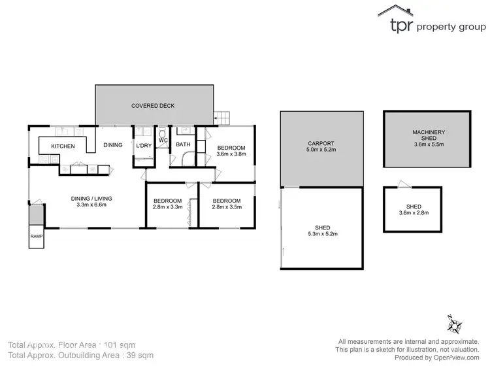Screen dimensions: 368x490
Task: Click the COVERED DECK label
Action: pyautogui.click(x=153, y=105)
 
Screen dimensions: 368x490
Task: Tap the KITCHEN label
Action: pyautogui.click(x=63, y=146)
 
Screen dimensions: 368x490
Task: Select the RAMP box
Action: pyautogui.click(x=35, y=237)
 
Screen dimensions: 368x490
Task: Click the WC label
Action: pyautogui.click(x=163, y=140)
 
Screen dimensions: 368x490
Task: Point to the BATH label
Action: pyautogui.click(x=183, y=145)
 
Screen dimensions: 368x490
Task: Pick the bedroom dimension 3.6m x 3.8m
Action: pyautogui.click(x=231, y=155)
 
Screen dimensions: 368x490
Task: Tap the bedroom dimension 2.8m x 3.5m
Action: pyautogui.click(x=226, y=207)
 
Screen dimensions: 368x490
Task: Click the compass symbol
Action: pyautogui.click(x=455, y=324)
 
